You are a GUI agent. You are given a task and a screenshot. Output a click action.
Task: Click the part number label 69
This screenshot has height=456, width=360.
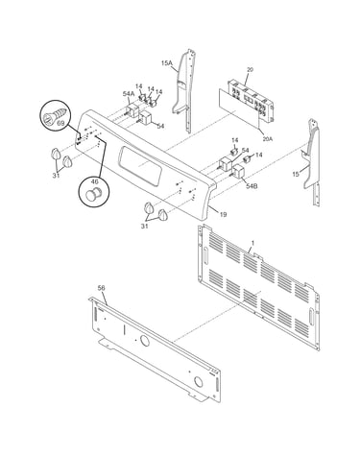tap(60, 123)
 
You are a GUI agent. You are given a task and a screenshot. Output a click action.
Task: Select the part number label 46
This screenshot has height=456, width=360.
tap(94, 181)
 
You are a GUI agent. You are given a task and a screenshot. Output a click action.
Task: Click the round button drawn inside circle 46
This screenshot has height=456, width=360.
tap(94, 194)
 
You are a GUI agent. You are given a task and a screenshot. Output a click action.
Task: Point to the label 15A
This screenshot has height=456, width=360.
tap(166, 63)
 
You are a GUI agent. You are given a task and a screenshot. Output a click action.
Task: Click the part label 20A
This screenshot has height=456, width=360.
tap(267, 139)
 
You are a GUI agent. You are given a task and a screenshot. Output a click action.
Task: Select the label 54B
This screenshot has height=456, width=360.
tap(252, 186)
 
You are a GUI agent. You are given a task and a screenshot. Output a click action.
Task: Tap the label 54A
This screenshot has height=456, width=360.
tap(129, 93)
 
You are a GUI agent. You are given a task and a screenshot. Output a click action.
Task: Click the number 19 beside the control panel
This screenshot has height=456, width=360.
tap(223, 214)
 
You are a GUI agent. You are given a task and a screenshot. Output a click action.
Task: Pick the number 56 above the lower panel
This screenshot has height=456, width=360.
tap(101, 288)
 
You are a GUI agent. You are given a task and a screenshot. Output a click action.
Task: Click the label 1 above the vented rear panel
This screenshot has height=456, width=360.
tap(252, 243)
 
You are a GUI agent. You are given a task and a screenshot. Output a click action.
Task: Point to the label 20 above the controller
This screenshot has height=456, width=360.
tap(250, 69)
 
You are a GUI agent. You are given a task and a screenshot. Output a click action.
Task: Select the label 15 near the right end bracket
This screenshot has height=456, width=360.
tap(296, 174)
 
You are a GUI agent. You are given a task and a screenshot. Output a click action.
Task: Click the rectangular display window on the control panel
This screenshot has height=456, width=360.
tap(139, 165)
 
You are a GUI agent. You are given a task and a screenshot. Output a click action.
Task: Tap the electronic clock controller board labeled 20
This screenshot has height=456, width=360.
tap(252, 101)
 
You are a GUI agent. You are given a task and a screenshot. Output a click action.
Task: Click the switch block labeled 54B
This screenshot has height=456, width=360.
tap(239, 171)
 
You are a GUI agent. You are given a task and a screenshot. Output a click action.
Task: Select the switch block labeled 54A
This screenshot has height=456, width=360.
tap(132, 109)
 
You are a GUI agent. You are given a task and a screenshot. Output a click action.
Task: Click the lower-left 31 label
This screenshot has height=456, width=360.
tap(56, 176)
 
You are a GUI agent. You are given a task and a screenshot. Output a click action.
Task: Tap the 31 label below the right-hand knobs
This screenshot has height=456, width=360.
tap(145, 227)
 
